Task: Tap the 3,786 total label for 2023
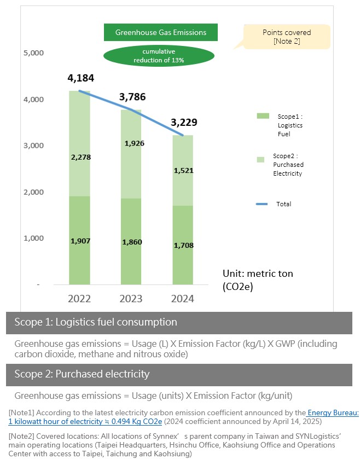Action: (134, 98)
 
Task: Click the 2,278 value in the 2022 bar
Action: (80, 157)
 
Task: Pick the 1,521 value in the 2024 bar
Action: (183, 171)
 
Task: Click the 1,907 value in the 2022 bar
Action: (80, 241)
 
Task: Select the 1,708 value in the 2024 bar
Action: (183, 245)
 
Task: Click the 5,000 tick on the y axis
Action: (34, 53)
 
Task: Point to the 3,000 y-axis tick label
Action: (34, 146)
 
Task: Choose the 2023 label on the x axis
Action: (131, 299)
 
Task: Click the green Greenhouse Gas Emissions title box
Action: (161, 32)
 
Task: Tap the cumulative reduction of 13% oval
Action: (159, 55)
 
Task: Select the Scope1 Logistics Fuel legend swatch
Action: (264, 116)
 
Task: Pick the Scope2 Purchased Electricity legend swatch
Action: (263, 159)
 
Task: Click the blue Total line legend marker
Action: (263, 204)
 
